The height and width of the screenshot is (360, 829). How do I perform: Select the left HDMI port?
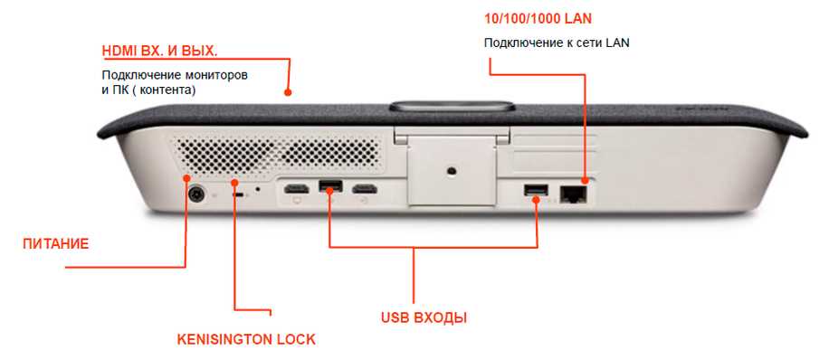[x=295, y=190]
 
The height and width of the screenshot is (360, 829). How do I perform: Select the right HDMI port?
[x=364, y=190]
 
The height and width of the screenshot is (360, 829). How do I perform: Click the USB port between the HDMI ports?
[x=329, y=188]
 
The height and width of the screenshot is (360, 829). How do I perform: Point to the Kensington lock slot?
[x=237, y=193]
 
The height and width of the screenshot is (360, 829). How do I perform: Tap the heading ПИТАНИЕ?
[x=56, y=243]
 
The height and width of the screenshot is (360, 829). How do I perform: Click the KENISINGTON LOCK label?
[x=245, y=340]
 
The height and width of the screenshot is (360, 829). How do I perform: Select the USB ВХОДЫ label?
[x=424, y=318]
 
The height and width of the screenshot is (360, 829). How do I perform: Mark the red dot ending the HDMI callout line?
[x=289, y=91]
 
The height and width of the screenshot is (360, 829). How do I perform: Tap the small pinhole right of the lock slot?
[x=260, y=190]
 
